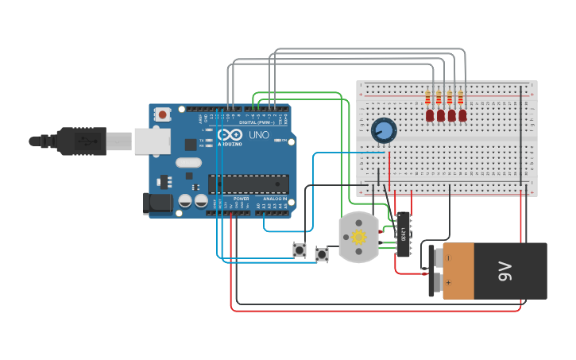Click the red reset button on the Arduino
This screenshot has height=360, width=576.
163,114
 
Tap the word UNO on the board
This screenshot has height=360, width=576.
259,135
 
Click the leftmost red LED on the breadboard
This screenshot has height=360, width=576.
429,115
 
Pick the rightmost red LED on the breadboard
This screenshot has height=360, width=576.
462,115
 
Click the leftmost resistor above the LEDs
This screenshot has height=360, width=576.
428,97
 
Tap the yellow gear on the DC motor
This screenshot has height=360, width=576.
359,237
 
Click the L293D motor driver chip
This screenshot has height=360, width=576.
404,234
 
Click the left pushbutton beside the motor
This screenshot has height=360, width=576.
300,250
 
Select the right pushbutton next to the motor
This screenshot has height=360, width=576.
322,254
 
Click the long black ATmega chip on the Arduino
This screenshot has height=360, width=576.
248,184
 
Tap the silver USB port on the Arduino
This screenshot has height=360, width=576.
152,141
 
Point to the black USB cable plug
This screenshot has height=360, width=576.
79,141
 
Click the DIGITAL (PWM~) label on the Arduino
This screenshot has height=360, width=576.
257,122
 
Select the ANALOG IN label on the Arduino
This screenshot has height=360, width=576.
273,199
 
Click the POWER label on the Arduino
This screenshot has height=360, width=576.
241,199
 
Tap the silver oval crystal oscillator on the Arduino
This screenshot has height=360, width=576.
189,163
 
